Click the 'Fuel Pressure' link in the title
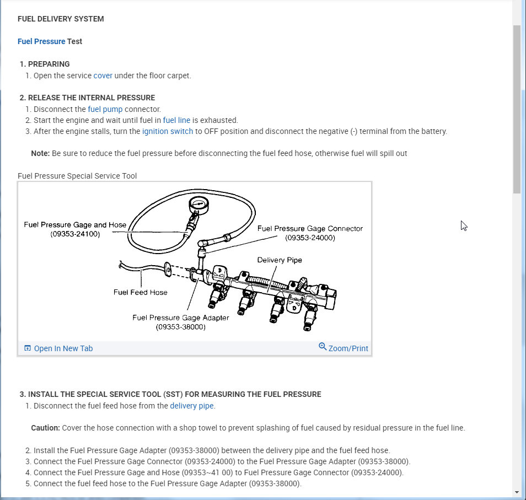pos(41,41)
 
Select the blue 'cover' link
pos(103,76)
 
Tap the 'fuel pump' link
pos(105,109)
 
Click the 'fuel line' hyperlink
pos(176,120)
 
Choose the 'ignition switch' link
pos(168,131)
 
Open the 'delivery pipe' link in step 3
pos(192,406)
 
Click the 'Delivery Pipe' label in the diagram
pos(280,260)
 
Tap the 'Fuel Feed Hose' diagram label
pos(141,292)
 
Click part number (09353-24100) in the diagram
pos(75,234)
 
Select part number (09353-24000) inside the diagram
pos(310,238)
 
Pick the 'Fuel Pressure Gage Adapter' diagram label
pos(180,318)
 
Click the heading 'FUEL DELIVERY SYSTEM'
pos(61,19)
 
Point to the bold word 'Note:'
pos(40,153)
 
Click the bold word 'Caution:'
pos(45,428)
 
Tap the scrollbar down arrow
pos(517,492)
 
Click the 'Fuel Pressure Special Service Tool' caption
pos(77,176)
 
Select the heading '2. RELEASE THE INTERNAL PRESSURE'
pos(87,98)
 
